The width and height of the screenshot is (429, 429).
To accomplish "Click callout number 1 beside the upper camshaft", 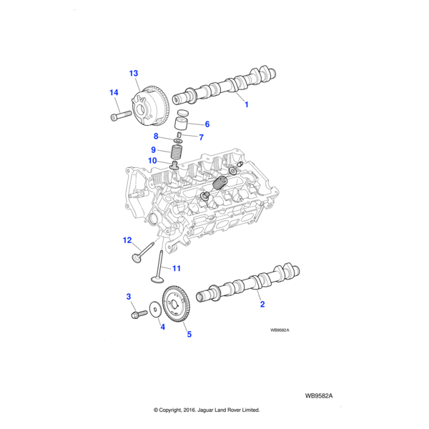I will [247, 105].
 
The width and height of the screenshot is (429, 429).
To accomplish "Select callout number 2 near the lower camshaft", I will [262, 305].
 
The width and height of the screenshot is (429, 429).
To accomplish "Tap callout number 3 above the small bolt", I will [129, 296].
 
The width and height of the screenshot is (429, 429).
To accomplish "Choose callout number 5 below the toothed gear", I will [189, 333].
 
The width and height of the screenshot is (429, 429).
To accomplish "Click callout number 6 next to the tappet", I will [207, 124].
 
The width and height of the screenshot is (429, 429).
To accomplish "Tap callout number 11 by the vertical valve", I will [177, 269].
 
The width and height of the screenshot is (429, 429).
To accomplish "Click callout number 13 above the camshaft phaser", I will [134, 74].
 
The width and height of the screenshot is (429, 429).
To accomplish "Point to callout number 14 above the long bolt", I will [114, 93].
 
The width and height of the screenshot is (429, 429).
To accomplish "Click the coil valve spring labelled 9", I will [177, 152].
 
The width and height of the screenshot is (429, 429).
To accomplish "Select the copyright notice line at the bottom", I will [207, 410].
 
